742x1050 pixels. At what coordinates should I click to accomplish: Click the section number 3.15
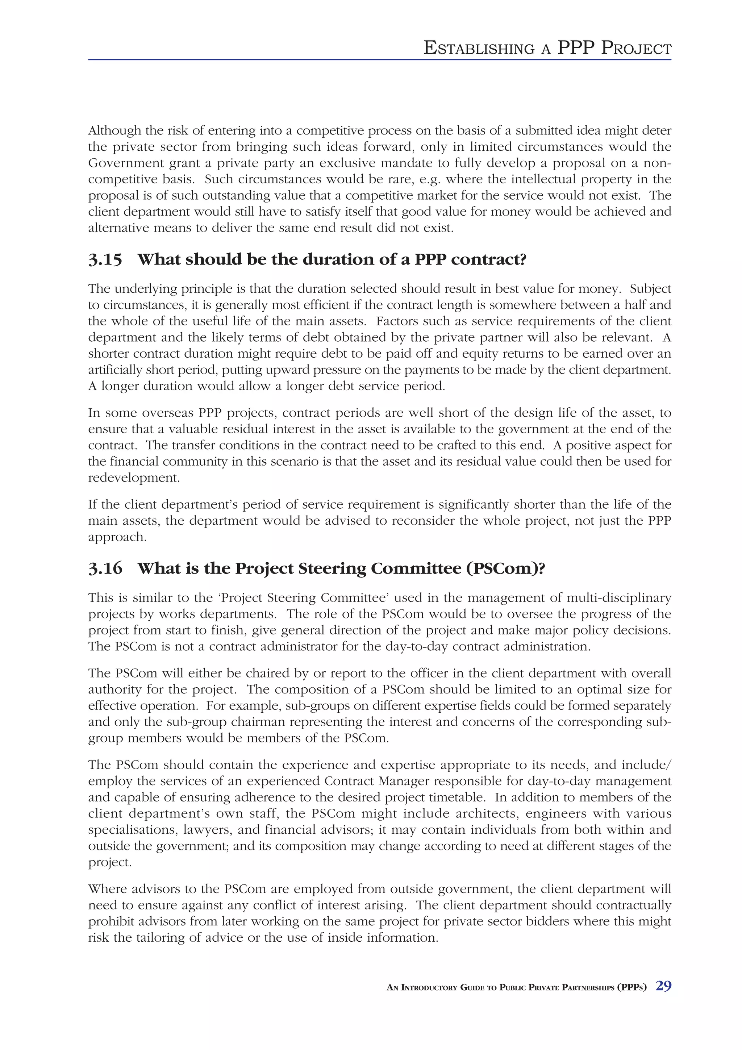point(105,260)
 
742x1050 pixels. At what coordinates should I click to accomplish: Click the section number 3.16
point(105,568)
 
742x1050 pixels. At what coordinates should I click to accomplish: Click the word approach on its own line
point(117,537)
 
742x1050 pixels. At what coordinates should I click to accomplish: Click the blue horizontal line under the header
point(379,59)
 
